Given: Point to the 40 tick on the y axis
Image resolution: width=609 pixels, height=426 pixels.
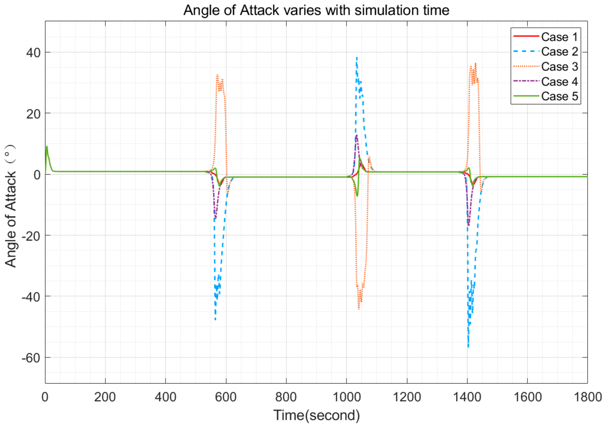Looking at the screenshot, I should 33,53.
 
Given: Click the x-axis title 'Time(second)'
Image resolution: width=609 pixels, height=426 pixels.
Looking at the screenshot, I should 316,415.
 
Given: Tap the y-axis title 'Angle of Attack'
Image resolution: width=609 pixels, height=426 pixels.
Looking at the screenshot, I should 11,206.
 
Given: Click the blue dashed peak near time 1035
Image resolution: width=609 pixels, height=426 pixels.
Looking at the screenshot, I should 357,57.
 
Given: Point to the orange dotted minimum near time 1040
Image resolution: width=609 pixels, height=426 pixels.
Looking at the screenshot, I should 359,309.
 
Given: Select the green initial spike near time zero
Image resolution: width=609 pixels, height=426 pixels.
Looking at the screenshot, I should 47,146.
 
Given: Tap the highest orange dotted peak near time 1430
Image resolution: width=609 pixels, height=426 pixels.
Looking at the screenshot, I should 476,63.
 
